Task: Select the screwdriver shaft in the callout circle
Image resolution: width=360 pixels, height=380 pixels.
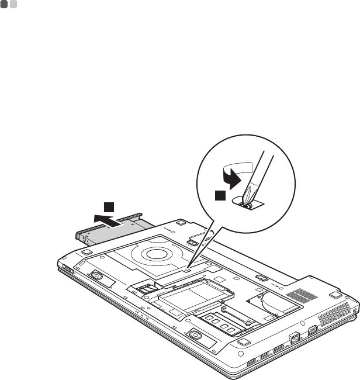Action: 260,169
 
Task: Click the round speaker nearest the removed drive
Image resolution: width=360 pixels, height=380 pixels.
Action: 95,276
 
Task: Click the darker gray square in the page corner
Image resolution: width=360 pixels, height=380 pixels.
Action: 4,4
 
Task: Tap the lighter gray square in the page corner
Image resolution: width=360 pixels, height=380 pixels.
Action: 13,4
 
